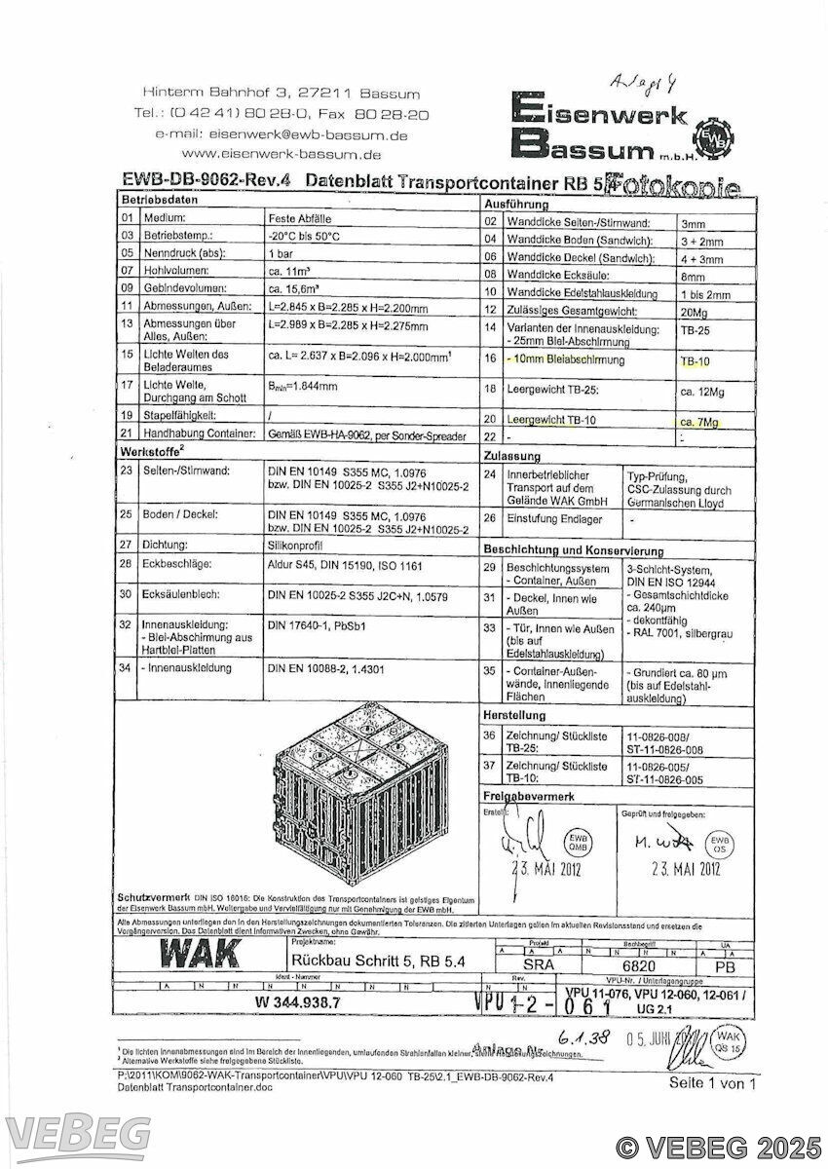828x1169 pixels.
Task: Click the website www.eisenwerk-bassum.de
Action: pyautogui.click(x=281, y=154)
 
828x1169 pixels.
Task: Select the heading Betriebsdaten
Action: pyautogui.click(x=154, y=199)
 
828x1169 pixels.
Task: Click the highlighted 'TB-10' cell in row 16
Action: pyautogui.click(x=696, y=361)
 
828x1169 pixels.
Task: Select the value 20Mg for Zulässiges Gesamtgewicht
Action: pyautogui.click(x=695, y=312)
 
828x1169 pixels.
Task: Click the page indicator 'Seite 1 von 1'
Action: pyautogui.click(x=711, y=1083)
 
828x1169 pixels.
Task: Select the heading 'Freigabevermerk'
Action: pyautogui.click(x=529, y=798)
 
